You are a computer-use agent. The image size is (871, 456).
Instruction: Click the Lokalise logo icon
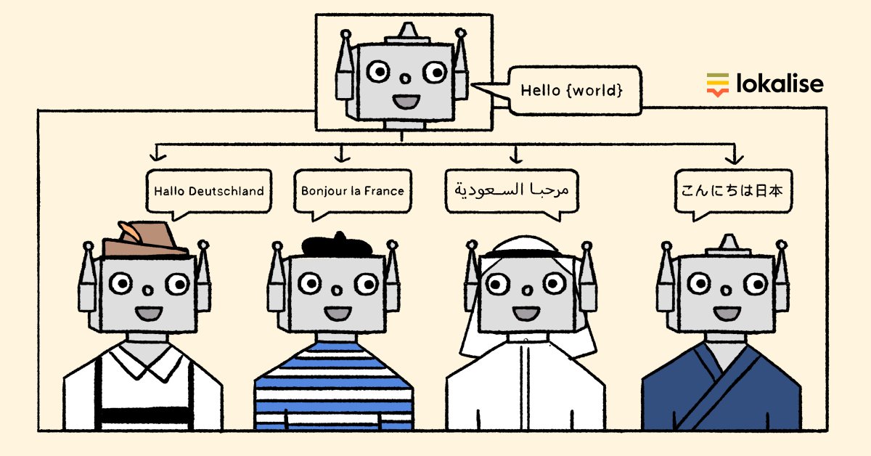(717, 84)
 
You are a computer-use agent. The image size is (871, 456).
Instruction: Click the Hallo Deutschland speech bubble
(208, 191)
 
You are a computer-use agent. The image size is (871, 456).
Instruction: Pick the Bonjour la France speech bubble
(352, 191)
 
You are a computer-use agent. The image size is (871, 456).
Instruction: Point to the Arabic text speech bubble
(512, 191)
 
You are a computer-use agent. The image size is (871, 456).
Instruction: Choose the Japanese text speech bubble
(732, 191)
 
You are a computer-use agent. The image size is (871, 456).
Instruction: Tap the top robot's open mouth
(402, 99)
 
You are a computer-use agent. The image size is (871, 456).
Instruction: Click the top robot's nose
(402, 78)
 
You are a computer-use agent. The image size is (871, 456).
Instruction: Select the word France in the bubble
(385, 191)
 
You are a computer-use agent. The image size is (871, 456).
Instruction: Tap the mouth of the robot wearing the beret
(337, 314)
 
